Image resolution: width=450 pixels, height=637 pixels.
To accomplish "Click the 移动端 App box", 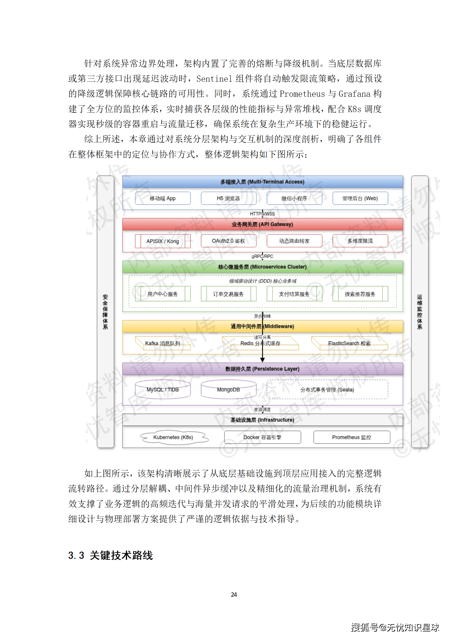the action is [x=162, y=198].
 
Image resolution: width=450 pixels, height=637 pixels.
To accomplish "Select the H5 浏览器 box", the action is [x=228, y=198].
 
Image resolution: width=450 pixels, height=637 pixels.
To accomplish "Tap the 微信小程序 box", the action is [x=294, y=198].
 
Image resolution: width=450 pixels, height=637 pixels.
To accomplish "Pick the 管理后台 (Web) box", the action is [x=360, y=198].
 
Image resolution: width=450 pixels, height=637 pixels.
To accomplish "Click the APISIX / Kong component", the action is [x=162, y=241].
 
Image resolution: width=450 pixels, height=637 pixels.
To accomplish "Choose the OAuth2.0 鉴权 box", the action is [x=228, y=241].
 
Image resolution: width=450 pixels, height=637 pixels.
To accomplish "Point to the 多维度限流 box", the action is [x=360, y=241].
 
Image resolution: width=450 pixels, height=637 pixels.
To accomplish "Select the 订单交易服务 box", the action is [x=228, y=294].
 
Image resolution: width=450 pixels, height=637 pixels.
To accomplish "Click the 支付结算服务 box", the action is [x=294, y=294].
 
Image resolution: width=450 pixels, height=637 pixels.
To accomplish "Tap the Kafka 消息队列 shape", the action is [x=162, y=343].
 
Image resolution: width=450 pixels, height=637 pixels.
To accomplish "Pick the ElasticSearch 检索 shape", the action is [x=349, y=343].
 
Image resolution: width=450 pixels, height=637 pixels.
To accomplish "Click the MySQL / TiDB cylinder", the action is [x=162, y=390].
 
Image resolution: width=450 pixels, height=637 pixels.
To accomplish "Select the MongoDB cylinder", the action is [x=228, y=390].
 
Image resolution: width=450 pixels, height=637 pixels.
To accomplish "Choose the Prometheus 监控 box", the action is [x=351, y=437].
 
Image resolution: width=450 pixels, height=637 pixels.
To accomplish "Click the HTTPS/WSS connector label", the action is [x=262, y=214].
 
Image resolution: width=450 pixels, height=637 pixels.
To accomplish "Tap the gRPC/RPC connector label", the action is [x=262, y=257].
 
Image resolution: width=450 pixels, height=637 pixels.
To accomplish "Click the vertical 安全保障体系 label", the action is [x=105, y=312].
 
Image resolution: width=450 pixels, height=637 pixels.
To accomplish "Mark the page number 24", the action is [x=234, y=594].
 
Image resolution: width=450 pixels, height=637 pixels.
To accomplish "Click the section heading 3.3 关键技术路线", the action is [x=111, y=555].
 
